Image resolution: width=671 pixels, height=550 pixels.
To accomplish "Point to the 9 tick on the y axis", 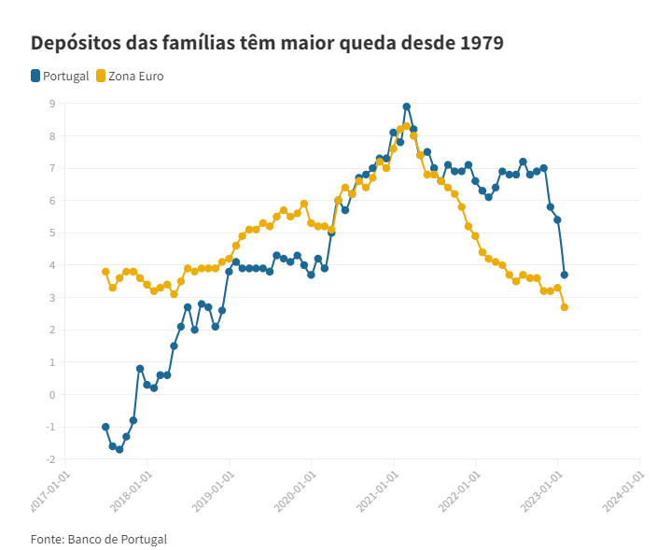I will click(x=52, y=104).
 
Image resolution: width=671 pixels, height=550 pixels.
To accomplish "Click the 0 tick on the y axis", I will click(x=52, y=394).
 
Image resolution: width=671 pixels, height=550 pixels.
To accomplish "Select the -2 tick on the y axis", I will click(x=50, y=458).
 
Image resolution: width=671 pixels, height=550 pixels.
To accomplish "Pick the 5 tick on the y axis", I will click(x=52, y=233).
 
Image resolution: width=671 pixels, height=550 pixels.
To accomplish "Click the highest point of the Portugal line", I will click(x=407, y=106).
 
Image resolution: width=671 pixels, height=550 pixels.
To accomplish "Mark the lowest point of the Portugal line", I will click(x=119, y=449).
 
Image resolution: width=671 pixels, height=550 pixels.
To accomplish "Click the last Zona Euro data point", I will click(x=565, y=307).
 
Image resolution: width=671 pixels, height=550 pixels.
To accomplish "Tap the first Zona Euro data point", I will click(x=105, y=272).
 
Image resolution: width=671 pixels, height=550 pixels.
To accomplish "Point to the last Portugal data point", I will click(x=565, y=275).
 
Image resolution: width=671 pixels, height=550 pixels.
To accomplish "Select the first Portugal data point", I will click(x=105, y=427).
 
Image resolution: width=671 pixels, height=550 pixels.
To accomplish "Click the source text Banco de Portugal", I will click(x=117, y=539).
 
